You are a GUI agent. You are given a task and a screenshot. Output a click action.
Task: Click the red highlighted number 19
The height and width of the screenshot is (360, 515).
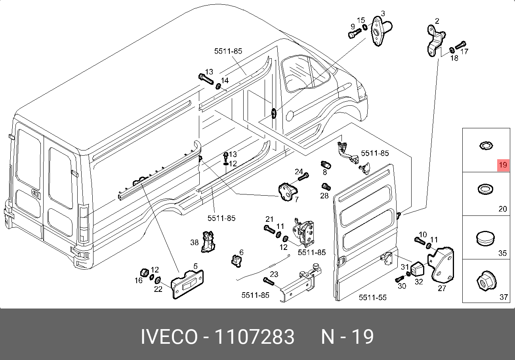coord(503,165)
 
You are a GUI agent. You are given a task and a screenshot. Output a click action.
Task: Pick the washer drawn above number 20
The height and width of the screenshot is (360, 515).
coord(484,189)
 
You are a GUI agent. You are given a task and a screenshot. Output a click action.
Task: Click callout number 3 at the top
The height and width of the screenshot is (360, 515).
coord(383,13)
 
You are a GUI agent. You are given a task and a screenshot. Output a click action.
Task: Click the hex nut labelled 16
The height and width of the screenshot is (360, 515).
coord(145,273)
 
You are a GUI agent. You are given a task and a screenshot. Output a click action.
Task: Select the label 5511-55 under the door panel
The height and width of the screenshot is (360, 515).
coord(372,297)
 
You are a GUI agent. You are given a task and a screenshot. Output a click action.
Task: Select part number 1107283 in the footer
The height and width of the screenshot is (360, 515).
coord(254,337)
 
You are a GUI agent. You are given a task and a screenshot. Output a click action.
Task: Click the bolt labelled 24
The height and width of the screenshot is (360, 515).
coord(302,177)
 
